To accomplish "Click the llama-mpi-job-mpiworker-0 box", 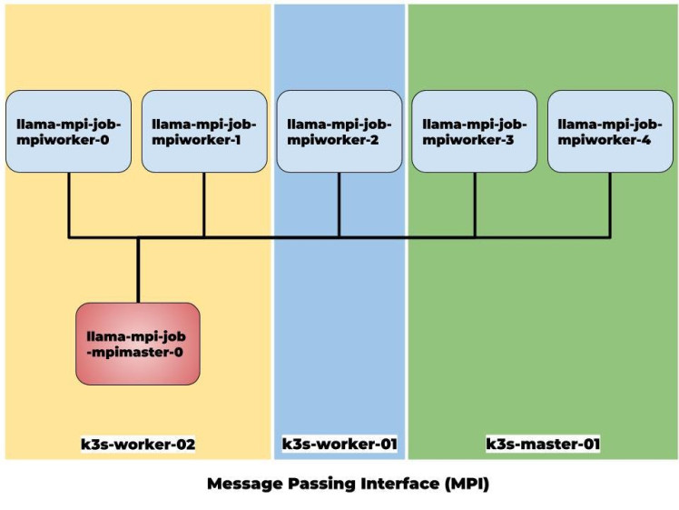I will tap(68, 132).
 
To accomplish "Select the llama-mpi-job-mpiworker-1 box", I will tap(204, 132).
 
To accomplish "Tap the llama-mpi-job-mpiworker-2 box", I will tap(339, 132).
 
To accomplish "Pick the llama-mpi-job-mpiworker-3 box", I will tap(475, 132).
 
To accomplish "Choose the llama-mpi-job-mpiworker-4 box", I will tap(610, 132).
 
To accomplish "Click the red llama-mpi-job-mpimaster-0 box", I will tap(138, 344).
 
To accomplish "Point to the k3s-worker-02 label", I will tap(138, 445).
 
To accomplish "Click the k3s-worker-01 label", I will tap(339, 445).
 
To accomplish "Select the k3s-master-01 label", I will tap(543, 445).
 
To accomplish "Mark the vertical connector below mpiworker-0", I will tap(69, 205).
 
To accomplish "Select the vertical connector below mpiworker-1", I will tap(204, 205).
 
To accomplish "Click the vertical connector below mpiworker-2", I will tap(339, 205).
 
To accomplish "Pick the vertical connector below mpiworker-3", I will tap(475, 205).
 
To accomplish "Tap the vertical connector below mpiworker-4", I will tap(609, 205).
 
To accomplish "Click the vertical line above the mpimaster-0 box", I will tap(138, 270).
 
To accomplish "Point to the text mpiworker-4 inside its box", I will tap(610, 140).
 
